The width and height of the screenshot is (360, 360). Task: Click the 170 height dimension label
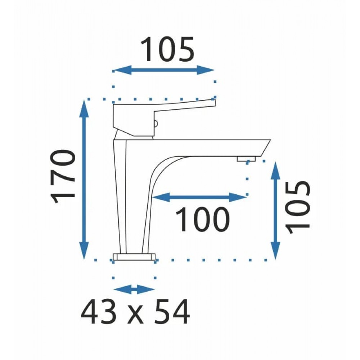[x=63, y=177]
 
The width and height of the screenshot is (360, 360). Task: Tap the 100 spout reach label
[x=202, y=219]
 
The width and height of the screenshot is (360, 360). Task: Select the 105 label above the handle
[x=167, y=49]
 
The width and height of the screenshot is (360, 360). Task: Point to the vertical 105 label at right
[x=298, y=207]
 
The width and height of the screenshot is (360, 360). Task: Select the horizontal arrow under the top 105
[x=164, y=70]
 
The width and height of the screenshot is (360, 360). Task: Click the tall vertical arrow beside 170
[x=84, y=180]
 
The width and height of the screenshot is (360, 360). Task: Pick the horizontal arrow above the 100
[x=199, y=197]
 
